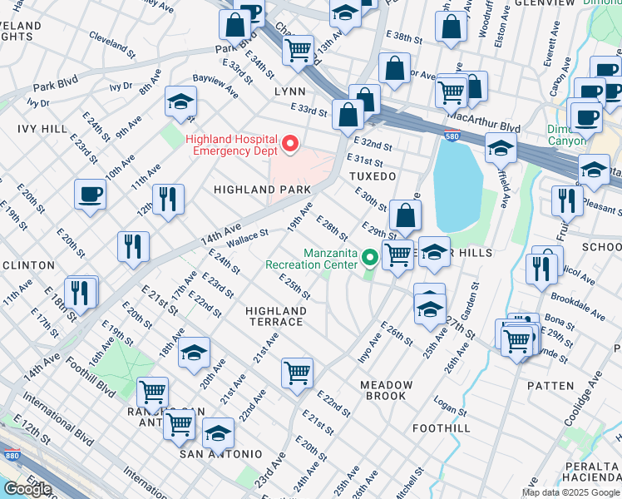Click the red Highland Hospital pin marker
coord(290,144)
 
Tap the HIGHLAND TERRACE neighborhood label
coord(275,316)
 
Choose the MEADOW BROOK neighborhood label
coord(386,390)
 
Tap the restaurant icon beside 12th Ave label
coord(167,199)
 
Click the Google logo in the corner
coord(27,489)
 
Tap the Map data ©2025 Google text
coord(570,492)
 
